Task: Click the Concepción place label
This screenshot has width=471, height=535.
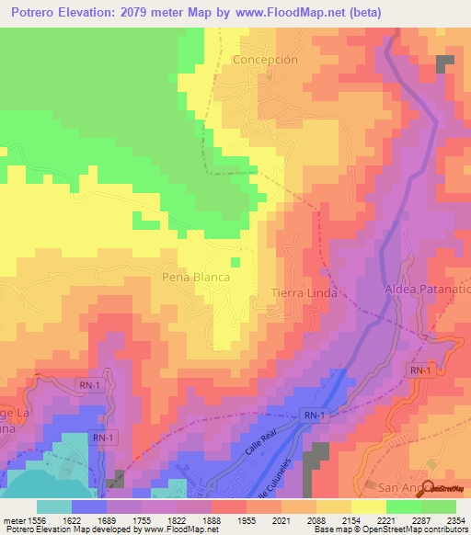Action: click(x=266, y=59)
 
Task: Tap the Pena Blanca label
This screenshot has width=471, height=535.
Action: click(x=194, y=276)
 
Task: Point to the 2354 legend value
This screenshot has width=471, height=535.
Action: click(x=452, y=518)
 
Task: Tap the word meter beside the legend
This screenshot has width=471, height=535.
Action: click(x=16, y=518)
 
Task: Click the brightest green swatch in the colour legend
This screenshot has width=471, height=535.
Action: click(x=403, y=506)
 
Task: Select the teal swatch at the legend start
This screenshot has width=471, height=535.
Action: click(x=53, y=506)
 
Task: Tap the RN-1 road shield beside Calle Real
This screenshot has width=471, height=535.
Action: click(x=313, y=416)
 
